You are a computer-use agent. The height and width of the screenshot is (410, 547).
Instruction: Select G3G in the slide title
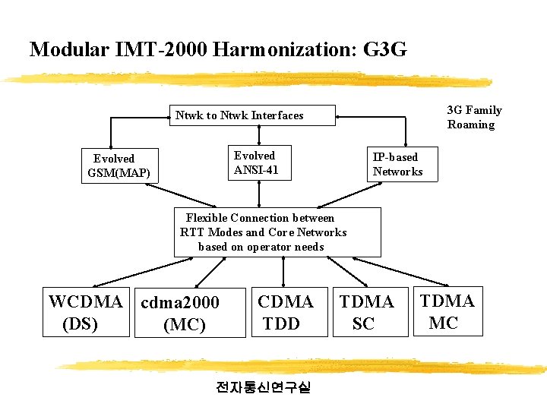coord(385,50)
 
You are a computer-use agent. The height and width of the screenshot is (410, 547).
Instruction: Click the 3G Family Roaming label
coord(474,118)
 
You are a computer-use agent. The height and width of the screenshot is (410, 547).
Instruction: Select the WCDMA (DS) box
coord(84,312)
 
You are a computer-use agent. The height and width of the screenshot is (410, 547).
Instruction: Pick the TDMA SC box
coord(366,312)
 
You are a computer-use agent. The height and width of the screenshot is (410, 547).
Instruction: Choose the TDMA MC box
coord(447,311)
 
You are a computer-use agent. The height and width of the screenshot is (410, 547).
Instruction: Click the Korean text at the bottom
coord(264,387)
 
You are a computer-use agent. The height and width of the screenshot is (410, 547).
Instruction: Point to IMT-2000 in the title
coord(160,50)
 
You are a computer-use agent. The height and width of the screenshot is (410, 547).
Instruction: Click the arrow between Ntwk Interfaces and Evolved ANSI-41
coord(259,134)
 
